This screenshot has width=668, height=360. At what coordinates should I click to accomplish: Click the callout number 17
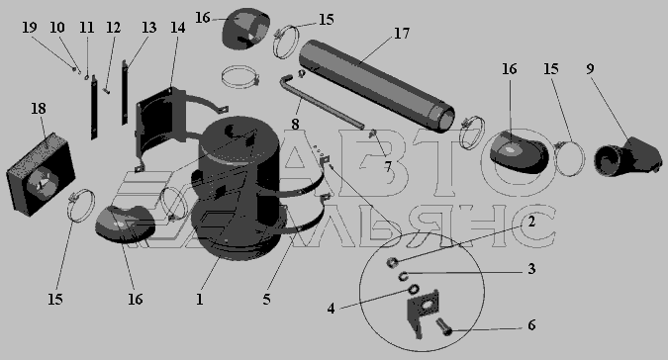pyautogui.click(x=402, y=34)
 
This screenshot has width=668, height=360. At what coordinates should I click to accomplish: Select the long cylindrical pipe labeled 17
pyautogui.click(x=377, y=84)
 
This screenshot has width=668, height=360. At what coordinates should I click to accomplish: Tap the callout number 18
pyautogui.click(x=39, y=109)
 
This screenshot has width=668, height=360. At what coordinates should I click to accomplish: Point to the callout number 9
pyautogui.click(x=590, y=68)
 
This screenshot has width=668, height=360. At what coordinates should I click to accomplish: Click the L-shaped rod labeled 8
pyautogui.click(x=321, y=100)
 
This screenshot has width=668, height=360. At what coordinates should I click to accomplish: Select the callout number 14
pyautogui.click(x=178, y=28)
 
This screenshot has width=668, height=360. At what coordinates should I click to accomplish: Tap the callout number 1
pyautogui.click(x=199, y=299)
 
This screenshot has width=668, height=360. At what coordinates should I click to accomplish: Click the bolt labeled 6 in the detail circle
pyautogui.click(x=443, y=326)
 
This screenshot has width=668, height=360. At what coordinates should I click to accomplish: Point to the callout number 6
pyautogui.click(x=531, y=325)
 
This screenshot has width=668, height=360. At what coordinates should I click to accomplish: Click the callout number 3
pyautogui.click(x=531, y=269)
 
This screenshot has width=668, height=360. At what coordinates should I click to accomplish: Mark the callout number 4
pyautogui.click(x=331, y=309)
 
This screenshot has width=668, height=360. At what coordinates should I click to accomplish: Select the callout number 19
pyautogui.click(x=30, y=28)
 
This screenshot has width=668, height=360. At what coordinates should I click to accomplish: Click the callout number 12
pyautogui.click(x=114, y=28)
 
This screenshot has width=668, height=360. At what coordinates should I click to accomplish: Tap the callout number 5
pyautogui.click(x=266, y=299)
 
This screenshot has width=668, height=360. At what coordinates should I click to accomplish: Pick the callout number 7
pyautogui.click(x=387, y=167)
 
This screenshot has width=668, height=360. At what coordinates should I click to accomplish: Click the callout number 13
pyautogui.click(x=148, y=28)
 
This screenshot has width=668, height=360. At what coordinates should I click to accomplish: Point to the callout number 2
pyautogui.click(x=531, y=222)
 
